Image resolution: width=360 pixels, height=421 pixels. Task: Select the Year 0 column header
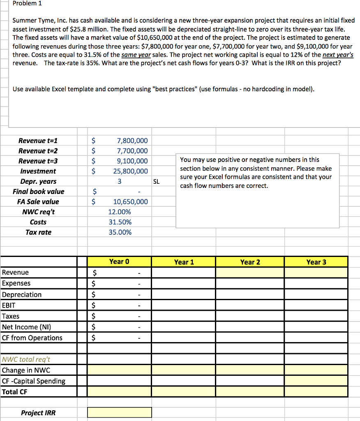119,261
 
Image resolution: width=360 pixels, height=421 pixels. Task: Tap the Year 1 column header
184,262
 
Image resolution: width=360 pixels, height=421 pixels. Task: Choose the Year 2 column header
250,262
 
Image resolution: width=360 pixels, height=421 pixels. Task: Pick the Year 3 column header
316,262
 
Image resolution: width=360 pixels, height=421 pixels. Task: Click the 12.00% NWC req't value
120,212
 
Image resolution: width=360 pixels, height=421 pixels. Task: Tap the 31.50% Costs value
120,222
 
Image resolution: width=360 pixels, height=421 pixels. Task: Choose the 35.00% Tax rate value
120,232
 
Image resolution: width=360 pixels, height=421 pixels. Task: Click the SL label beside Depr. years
156,181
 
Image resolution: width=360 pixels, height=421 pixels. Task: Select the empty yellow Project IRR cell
119,412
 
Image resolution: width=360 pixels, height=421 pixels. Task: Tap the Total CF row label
15,392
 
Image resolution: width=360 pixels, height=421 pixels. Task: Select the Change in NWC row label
26,370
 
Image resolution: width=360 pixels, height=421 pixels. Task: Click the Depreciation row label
22,294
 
